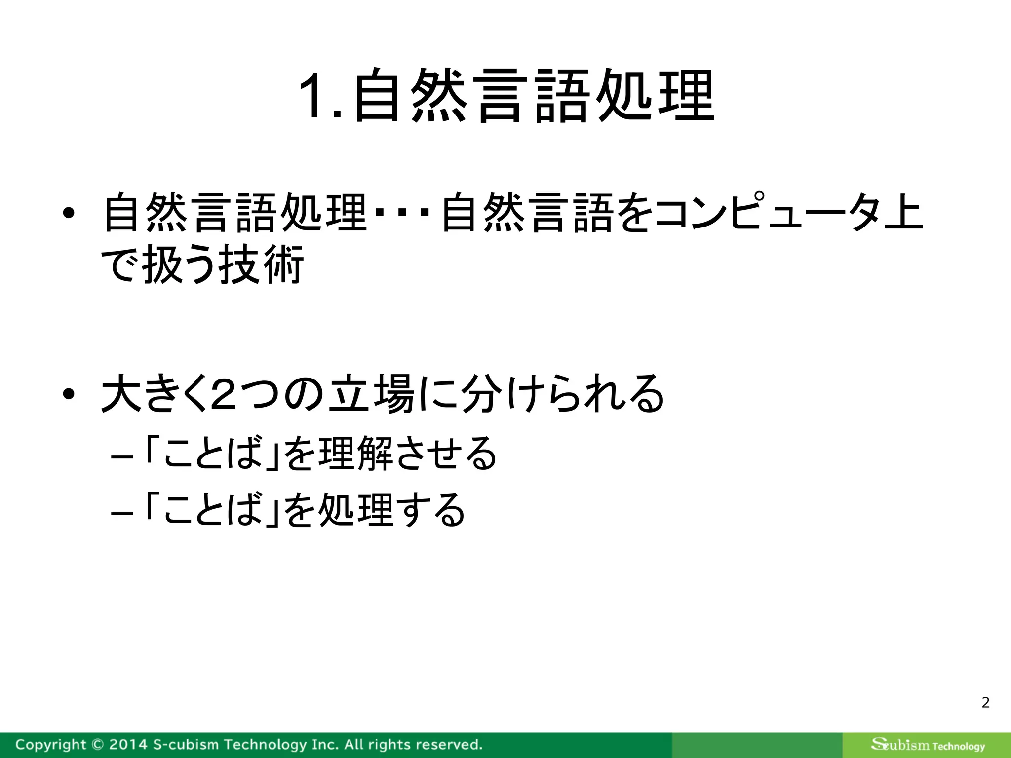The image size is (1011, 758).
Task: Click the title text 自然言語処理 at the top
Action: point(533,96)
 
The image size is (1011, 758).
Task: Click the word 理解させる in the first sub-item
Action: point(407,453)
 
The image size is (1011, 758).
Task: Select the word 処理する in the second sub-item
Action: point(391,510)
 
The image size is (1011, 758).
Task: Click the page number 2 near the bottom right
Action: point(985,702)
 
